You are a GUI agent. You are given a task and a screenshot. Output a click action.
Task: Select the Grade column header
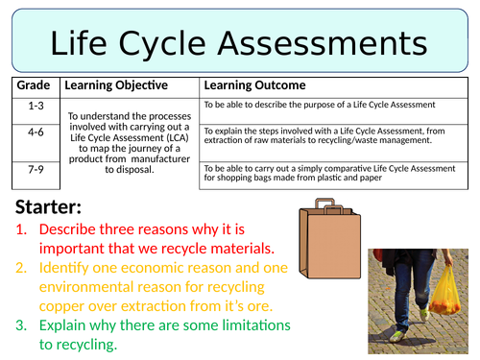[35, 86]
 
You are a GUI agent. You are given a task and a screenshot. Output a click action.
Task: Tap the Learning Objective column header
[115, 86]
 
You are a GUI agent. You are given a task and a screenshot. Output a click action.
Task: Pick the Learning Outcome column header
[254, 86]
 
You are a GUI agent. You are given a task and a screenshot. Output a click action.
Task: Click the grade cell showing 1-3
[35, 104]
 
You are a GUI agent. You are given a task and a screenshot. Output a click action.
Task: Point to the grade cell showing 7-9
[35, 169]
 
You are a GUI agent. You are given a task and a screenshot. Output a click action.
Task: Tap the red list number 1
[23, 230]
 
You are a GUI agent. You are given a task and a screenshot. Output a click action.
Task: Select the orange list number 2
[23, 268]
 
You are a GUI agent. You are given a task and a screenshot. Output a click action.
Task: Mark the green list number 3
[23, 324]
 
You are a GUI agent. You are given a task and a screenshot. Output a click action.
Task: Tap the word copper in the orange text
[66, 305]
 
